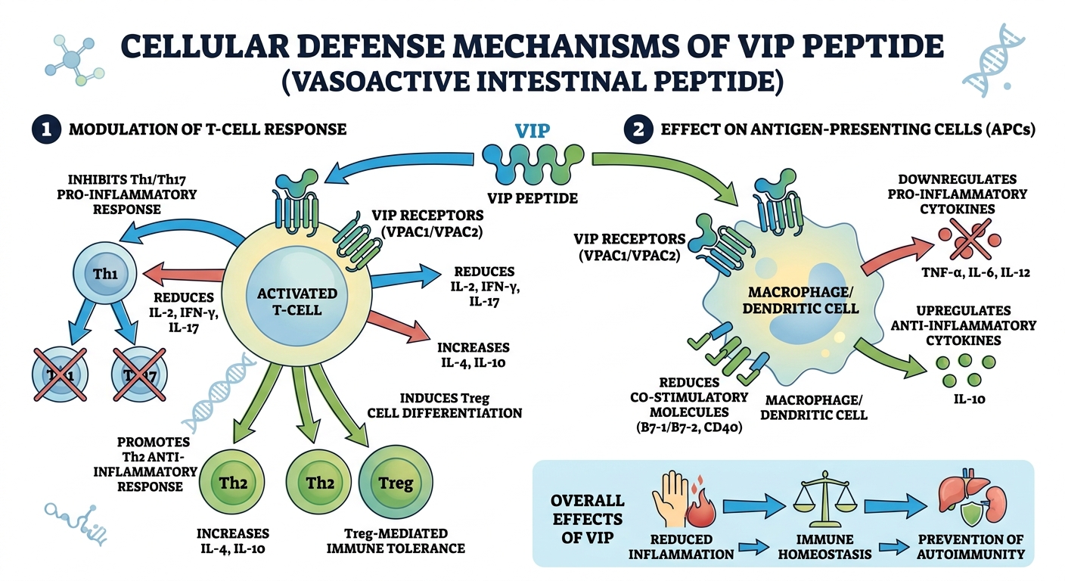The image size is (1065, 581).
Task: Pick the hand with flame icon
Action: coord(678,500)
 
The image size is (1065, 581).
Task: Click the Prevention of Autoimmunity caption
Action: coord(970,546)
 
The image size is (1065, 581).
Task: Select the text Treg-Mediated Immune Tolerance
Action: coord(395,541)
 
